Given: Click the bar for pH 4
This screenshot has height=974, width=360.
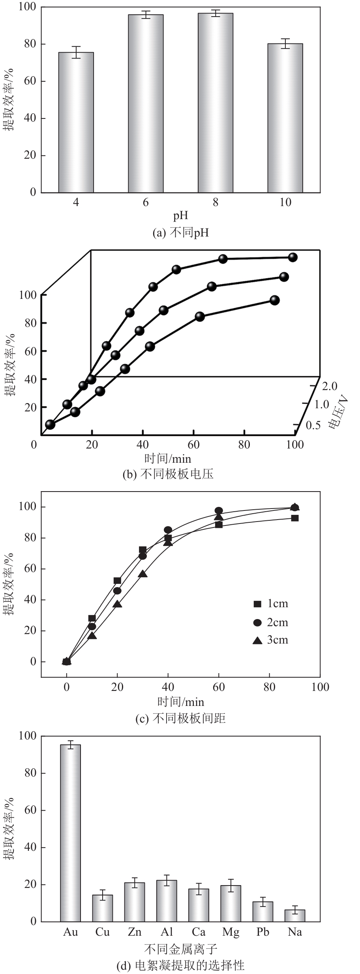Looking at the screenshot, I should pos(76,122).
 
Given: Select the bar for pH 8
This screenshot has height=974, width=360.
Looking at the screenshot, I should pos(216,103).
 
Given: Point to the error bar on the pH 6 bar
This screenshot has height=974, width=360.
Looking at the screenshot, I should pos(146,15).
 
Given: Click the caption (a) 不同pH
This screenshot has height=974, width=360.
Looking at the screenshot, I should pos(180,233).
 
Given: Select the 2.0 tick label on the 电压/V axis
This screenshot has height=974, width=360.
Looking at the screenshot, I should pos(330,386).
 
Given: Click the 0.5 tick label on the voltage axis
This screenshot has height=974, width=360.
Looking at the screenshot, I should pos(313,425).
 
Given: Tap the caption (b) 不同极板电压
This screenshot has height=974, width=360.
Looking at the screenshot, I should pos(168,474).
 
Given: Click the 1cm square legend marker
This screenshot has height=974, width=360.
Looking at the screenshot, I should pos(257,604).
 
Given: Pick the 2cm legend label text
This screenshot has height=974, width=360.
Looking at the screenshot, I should pos(277,622).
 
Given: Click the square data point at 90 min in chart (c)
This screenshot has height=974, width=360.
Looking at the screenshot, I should pos(294,518).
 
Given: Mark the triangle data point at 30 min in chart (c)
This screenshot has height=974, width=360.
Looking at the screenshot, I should pos(143,574).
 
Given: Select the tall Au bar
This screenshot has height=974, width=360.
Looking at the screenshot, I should pos(70,833).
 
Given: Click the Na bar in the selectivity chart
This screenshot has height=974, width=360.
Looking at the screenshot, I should pos(295,916).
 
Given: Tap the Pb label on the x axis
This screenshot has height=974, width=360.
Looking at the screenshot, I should pos(263,932).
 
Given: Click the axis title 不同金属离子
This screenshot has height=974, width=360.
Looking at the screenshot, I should pos(180,949).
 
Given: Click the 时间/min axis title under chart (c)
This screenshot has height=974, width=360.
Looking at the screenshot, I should pos(180,702).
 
